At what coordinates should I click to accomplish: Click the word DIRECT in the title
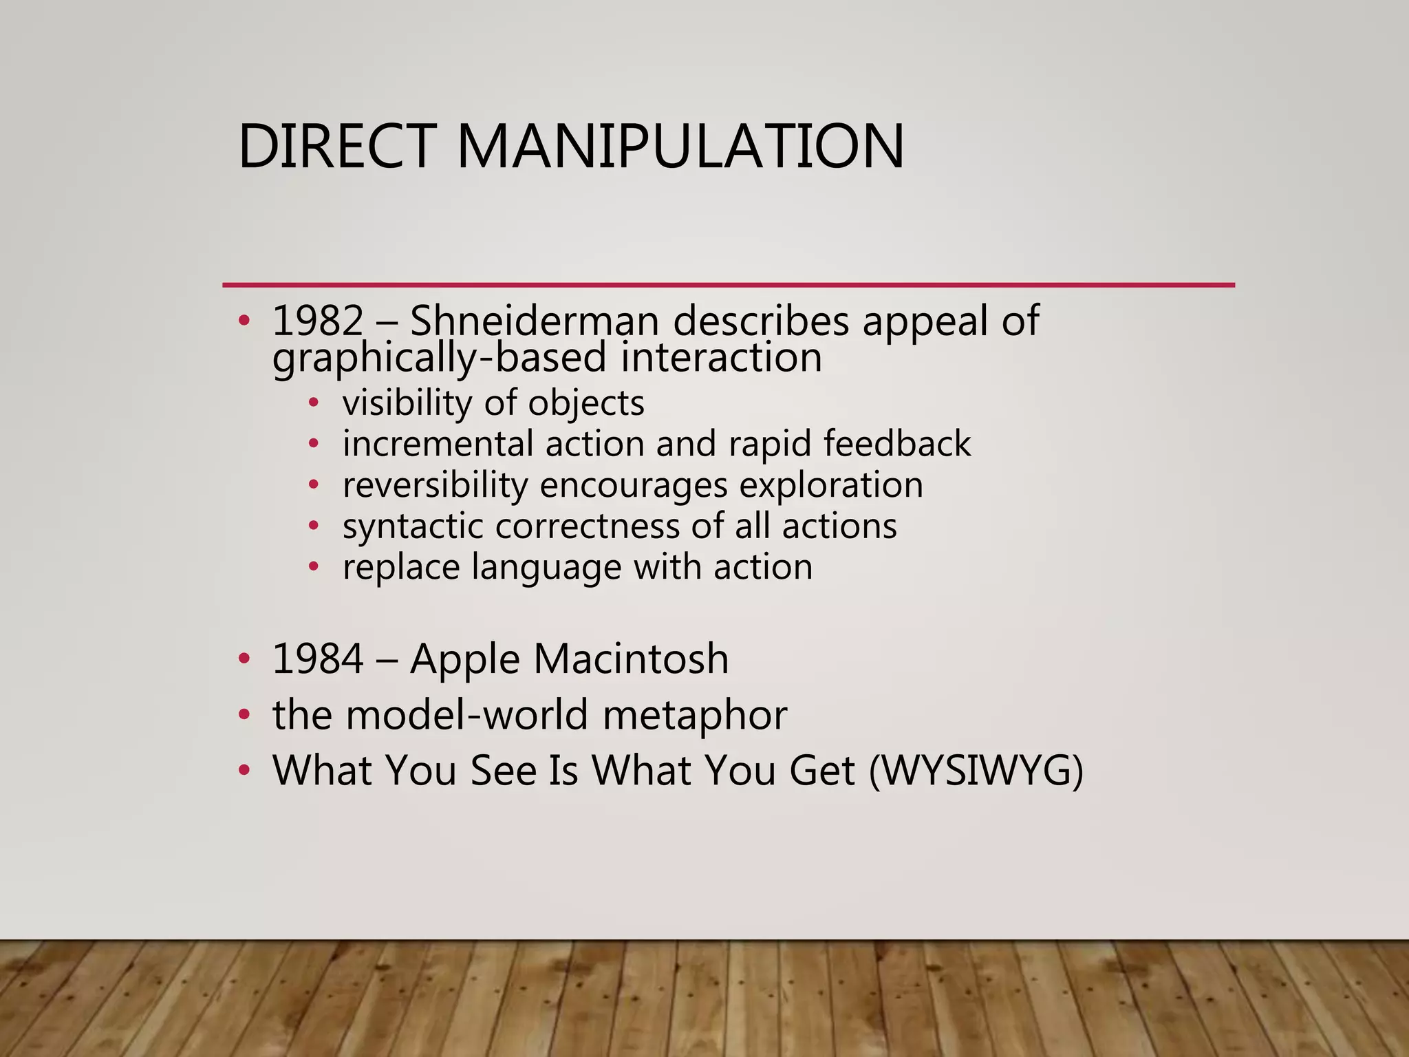pyautogui.click(x=337, y=146)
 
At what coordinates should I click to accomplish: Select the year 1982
pyautogui.click(x=318, y=321)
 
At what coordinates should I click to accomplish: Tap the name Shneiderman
pyautogui.click(x=534, y=321)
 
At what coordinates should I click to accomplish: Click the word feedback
pyautogui.click(x=897, y=444)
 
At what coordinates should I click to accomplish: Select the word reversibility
pyautogui.click(x=435, y=485)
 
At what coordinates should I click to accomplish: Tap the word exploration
pyautogui.click(x=831, y=485)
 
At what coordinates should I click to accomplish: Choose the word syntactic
pyautogui.click(x=413, y=526)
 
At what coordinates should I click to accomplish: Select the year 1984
pyautogui.click(x=318, y=659)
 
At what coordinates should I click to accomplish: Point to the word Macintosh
pyautogui.click(x=631, y=659)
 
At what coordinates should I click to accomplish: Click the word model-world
pyautogui.click(x=466, y=714)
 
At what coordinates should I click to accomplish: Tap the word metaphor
pyautogui.click(x=695, y=716)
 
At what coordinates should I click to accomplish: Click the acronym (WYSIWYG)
pyautogui.click(x=976, y=770)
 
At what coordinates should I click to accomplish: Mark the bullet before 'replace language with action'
pyautogui.click(x=314, y=568)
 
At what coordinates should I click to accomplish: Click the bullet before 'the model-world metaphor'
pyautogui.click(x=244, y=715)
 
